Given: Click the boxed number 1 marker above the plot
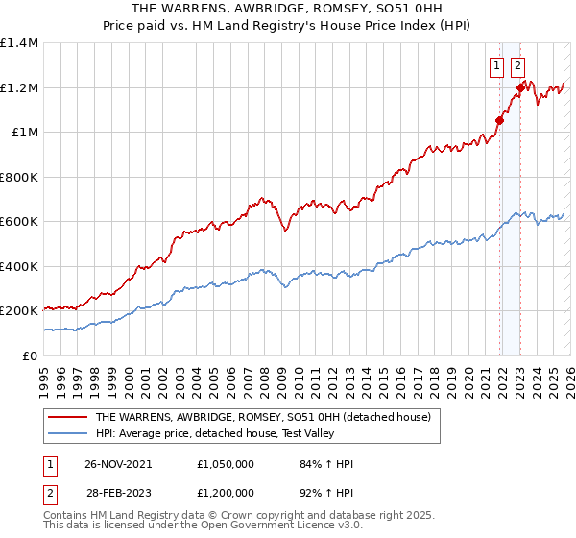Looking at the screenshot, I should [497, 66].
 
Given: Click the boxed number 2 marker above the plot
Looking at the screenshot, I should [517, 66].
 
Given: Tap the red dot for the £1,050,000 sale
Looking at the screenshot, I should [499, 121].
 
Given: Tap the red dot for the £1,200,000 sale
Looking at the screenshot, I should [520, 87].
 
